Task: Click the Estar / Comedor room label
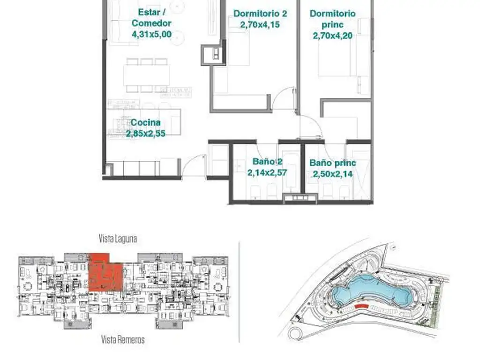[151, 18]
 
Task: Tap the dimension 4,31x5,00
[151, 34]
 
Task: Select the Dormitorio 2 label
[260, 14]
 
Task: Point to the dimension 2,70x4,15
[260, 24]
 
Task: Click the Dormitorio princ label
[333, 19]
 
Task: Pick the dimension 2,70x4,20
[333, 36]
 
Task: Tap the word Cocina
[146, 122]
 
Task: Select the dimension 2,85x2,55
[146, 134]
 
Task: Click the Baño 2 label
[267, 162]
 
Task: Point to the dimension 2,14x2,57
[267, 172]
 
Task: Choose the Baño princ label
[333, 163]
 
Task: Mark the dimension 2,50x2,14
[333, 174]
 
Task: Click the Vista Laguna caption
[118, 239]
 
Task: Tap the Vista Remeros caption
[123, 339]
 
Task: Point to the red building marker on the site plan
[361, 306]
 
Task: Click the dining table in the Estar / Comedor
[147, 75]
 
